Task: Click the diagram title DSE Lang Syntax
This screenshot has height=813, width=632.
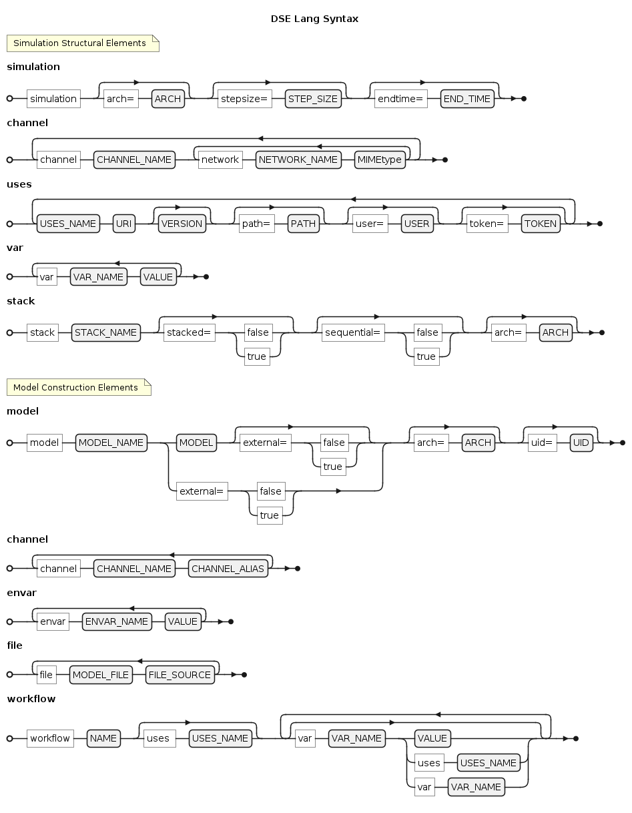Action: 314,19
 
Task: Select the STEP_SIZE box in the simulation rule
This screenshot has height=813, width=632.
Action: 313,99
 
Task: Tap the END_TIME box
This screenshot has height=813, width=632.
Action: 467,99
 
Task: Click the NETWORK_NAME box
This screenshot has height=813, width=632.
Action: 298,160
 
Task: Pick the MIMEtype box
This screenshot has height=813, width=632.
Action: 380,160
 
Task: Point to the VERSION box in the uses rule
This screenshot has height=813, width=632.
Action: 182,224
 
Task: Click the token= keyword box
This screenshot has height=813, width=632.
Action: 487,224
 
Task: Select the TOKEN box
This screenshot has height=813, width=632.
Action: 541,224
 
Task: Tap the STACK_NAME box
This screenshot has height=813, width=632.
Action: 106,332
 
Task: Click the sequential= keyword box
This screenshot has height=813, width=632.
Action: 353,332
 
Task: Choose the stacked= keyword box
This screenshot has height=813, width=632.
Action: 190,332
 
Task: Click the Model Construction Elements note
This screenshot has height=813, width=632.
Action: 79,387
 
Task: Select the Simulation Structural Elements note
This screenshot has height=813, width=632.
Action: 83,43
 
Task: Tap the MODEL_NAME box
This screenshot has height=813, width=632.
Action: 111,443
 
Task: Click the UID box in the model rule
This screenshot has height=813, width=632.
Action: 581,443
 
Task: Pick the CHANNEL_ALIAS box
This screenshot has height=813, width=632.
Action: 228,568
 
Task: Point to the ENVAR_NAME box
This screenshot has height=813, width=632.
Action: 117,621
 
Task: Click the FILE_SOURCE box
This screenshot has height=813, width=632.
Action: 180,675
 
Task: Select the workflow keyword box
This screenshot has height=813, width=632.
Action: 50,738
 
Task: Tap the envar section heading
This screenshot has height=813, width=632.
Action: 22,593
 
